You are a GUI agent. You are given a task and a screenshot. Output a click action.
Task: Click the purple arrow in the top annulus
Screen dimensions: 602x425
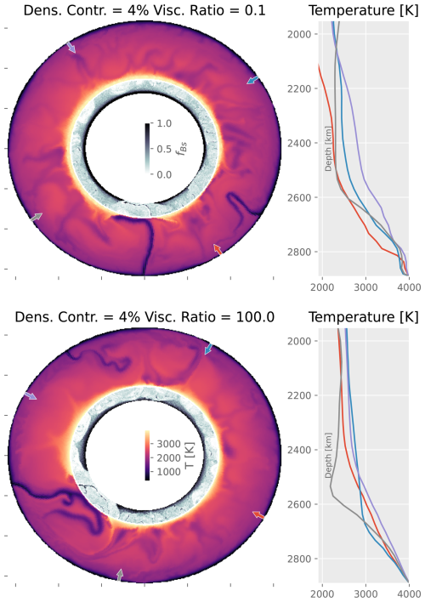[x=71, y=48]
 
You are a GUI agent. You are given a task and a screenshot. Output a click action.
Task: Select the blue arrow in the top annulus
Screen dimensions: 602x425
[x=252, y=79]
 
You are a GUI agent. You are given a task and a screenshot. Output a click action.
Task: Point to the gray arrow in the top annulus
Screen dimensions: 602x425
[x=35, y=219]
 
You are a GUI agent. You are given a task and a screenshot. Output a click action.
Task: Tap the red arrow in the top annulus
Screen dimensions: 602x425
[x=218, y=248]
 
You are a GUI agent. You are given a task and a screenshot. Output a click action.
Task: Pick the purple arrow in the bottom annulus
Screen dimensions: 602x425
[x=30, y=396]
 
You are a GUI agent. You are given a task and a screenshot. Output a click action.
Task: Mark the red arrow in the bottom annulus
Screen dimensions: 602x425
[x=258, y=514]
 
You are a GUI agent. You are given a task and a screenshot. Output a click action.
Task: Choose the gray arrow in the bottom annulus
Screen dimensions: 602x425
[x=120, y=575]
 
